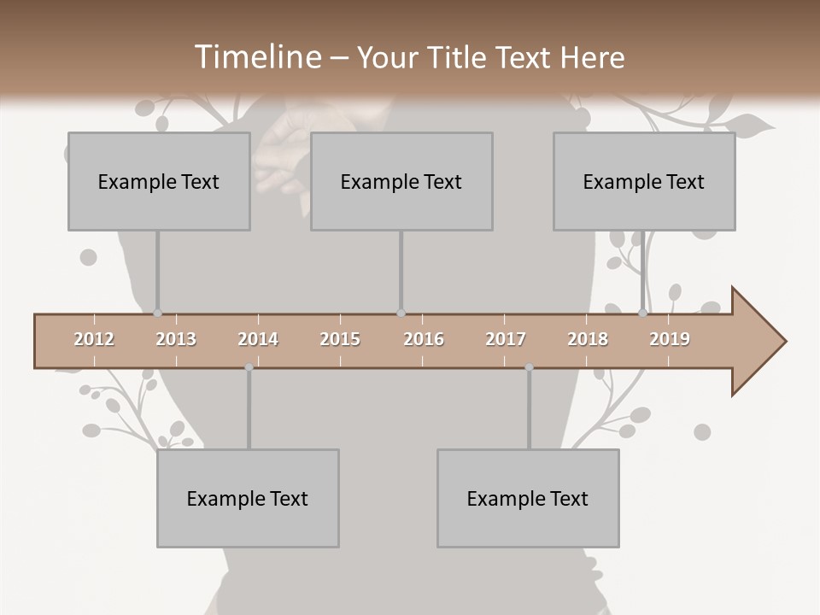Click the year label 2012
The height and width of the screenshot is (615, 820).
tap(94, 339)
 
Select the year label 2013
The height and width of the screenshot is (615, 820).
tap(176, 339)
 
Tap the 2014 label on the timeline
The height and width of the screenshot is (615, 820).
tap(258, 339)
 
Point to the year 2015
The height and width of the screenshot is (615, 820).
tap(340, 339)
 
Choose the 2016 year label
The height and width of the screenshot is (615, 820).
tap(423, 339)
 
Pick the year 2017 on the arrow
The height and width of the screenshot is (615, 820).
tap(506, 339)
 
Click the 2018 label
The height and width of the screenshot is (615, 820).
tap(588, 339)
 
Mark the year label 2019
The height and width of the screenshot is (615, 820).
tap(670, 339)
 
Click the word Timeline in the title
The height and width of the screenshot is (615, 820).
tap(256, 57)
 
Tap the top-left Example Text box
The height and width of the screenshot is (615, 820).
tap(159, 181)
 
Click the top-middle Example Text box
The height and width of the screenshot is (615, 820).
tap(401, 181)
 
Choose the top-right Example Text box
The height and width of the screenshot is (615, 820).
tap(644, 181)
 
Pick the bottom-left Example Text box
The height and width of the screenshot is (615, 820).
tap(248, 498)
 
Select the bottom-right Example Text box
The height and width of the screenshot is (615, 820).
tap(528, 498)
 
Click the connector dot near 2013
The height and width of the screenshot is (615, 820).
tap(157, 313)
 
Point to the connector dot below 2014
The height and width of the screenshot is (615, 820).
tap(249, 367)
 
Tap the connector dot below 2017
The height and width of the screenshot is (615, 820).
tap(529, 367)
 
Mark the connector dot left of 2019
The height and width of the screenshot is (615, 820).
tap(642, 313)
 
